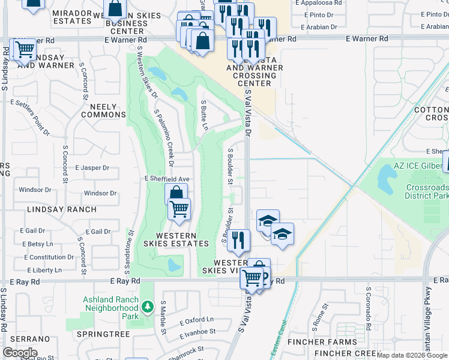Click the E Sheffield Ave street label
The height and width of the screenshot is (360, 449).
167,179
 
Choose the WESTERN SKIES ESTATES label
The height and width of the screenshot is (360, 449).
182,239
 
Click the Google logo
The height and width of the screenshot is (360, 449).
20,353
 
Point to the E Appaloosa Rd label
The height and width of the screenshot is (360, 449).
318,2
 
